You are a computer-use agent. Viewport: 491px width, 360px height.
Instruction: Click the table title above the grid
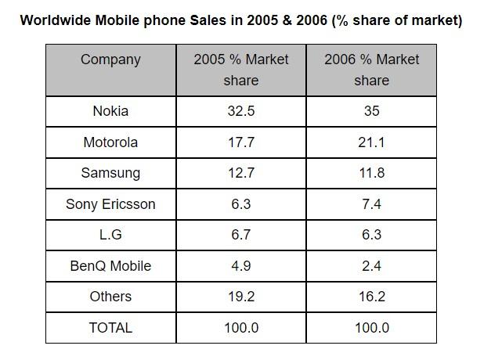pyautogui.click(x=241, y=20)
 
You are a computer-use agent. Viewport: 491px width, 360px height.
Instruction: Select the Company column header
pyautogui.click(x=110, y=59)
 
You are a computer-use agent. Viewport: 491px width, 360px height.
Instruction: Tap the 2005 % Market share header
pyautogui.click(x=241, y=70)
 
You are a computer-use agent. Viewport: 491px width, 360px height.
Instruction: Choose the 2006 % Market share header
pyautogui.click(x=371, y=70)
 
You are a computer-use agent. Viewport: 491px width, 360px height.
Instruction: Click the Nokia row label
pyautogui.click(x=110, y=111)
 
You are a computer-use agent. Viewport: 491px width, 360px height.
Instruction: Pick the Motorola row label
pyautogui.click(x=110, y=142)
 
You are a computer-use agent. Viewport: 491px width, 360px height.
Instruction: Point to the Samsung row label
pyautogui.click(x=110, y=173)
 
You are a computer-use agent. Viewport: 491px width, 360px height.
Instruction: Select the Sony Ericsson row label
pyautogui.click(x=110, y=204)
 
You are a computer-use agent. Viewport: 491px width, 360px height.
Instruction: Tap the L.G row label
pyautogui.click(x=110, y=235)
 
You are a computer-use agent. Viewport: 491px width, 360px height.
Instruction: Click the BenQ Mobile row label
pyautogui.click(x=110, y=266)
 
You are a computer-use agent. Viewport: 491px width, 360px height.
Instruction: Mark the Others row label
pyautogui.click(x=110, y=297)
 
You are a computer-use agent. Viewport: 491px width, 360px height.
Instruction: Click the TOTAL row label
pyautogui.click(x=110, y=328)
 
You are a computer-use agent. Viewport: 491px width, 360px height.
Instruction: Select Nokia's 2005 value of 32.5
pyautogui.click(x=241, y=111)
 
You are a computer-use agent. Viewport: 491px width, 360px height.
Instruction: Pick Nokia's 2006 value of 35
pyautogui.click(x=371, y=111)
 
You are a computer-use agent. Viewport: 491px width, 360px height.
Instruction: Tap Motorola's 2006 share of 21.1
pyautogui.click(x=371, y=142)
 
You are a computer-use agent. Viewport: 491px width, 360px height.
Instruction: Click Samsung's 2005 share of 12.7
pyautogui.click(x=241, y=173)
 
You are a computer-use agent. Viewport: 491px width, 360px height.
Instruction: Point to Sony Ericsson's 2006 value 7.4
pyautogui.click(x=371, y=204)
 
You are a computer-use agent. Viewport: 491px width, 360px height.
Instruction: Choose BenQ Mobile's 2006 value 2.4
pyautogui.click(x=371, y=266)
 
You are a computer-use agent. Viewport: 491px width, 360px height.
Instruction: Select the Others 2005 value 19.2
pyautogui.click(x=241, y=297)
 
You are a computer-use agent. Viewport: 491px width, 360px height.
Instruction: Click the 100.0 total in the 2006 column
pyautogui.click(x=371, y=328)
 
